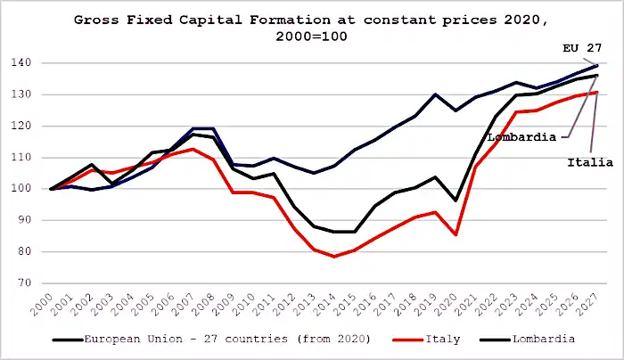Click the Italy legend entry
coord(420,340)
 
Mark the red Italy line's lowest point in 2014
coord(333,257)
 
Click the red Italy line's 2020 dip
coord(455,234)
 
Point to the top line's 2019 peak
coord(435,94)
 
